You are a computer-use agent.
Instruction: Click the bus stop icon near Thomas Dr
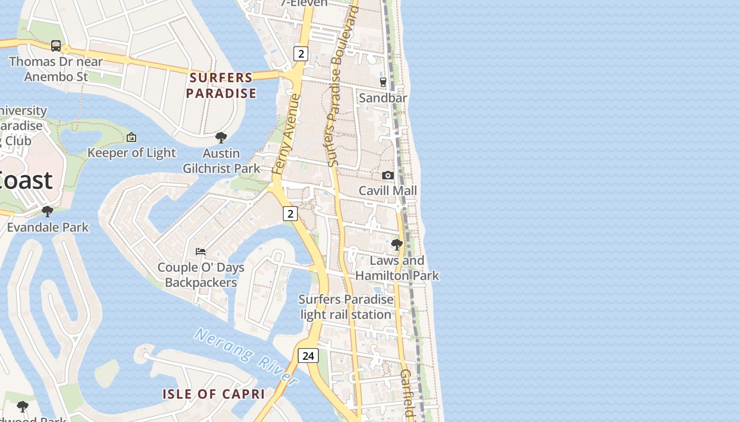(x=56, y=46)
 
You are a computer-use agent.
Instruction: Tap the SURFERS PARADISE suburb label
(x=221, y=85)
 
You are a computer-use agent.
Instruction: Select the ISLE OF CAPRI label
(x=213, y=394)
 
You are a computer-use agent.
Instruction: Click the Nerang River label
(x=245, y=356)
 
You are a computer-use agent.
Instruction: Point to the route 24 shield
(x=308, y=356)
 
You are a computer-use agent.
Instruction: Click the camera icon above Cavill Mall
(x=388, y=175)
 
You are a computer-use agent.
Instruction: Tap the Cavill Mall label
(x=387, y=190)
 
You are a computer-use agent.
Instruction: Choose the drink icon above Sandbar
(x=383, y=82)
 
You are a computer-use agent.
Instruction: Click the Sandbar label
(x=383, y=98)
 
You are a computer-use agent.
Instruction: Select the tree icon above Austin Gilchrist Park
(x=221, y=138)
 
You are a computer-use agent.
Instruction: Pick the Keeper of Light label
(x=131, y=153)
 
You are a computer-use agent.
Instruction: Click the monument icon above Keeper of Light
(x=131, y=138)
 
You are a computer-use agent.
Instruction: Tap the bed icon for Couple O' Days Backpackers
(x=201, y=251)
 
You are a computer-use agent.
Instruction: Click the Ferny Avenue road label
(x=286, y=135)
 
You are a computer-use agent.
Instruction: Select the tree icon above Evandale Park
(x=48, y=212)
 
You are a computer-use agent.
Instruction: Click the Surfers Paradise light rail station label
(x=346, y=307)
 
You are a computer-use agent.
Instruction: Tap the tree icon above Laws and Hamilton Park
(x=396, y=245)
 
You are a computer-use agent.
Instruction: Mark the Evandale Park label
(x=48, y=227)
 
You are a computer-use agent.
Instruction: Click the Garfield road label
(x=406, y=393)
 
